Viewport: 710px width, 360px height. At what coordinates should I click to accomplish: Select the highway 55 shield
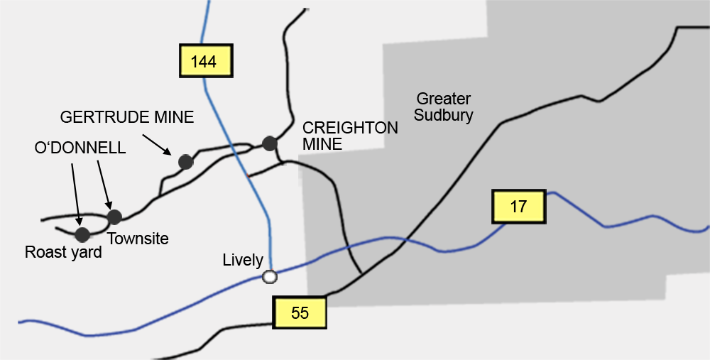(300, 312)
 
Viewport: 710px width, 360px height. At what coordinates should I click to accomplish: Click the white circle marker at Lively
(269, 277)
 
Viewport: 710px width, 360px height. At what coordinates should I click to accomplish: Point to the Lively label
(243, 261)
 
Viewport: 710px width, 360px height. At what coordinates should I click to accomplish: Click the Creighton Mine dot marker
(269, 143)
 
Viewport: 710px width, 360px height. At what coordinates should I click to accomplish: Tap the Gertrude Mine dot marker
(185, 162)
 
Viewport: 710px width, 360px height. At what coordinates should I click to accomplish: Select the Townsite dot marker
(114, 217)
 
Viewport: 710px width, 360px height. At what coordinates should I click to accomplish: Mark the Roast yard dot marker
(82, 234)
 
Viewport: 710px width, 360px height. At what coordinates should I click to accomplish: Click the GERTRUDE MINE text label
(127, 117)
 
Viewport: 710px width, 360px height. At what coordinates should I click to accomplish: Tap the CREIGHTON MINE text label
(350, 136)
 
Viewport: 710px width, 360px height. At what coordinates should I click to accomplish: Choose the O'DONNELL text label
(80, 148)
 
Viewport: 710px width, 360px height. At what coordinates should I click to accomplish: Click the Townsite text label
(138, 239)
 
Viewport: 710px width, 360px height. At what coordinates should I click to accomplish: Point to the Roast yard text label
(63, 252)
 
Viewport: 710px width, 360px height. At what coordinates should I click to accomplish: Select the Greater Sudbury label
(444, 107)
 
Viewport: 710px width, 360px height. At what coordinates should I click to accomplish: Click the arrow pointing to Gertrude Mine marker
(155, 142)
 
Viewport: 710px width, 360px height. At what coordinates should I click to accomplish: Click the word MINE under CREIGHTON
(322, 144)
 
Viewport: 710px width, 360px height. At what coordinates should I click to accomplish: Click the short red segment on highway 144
(248, 174)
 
